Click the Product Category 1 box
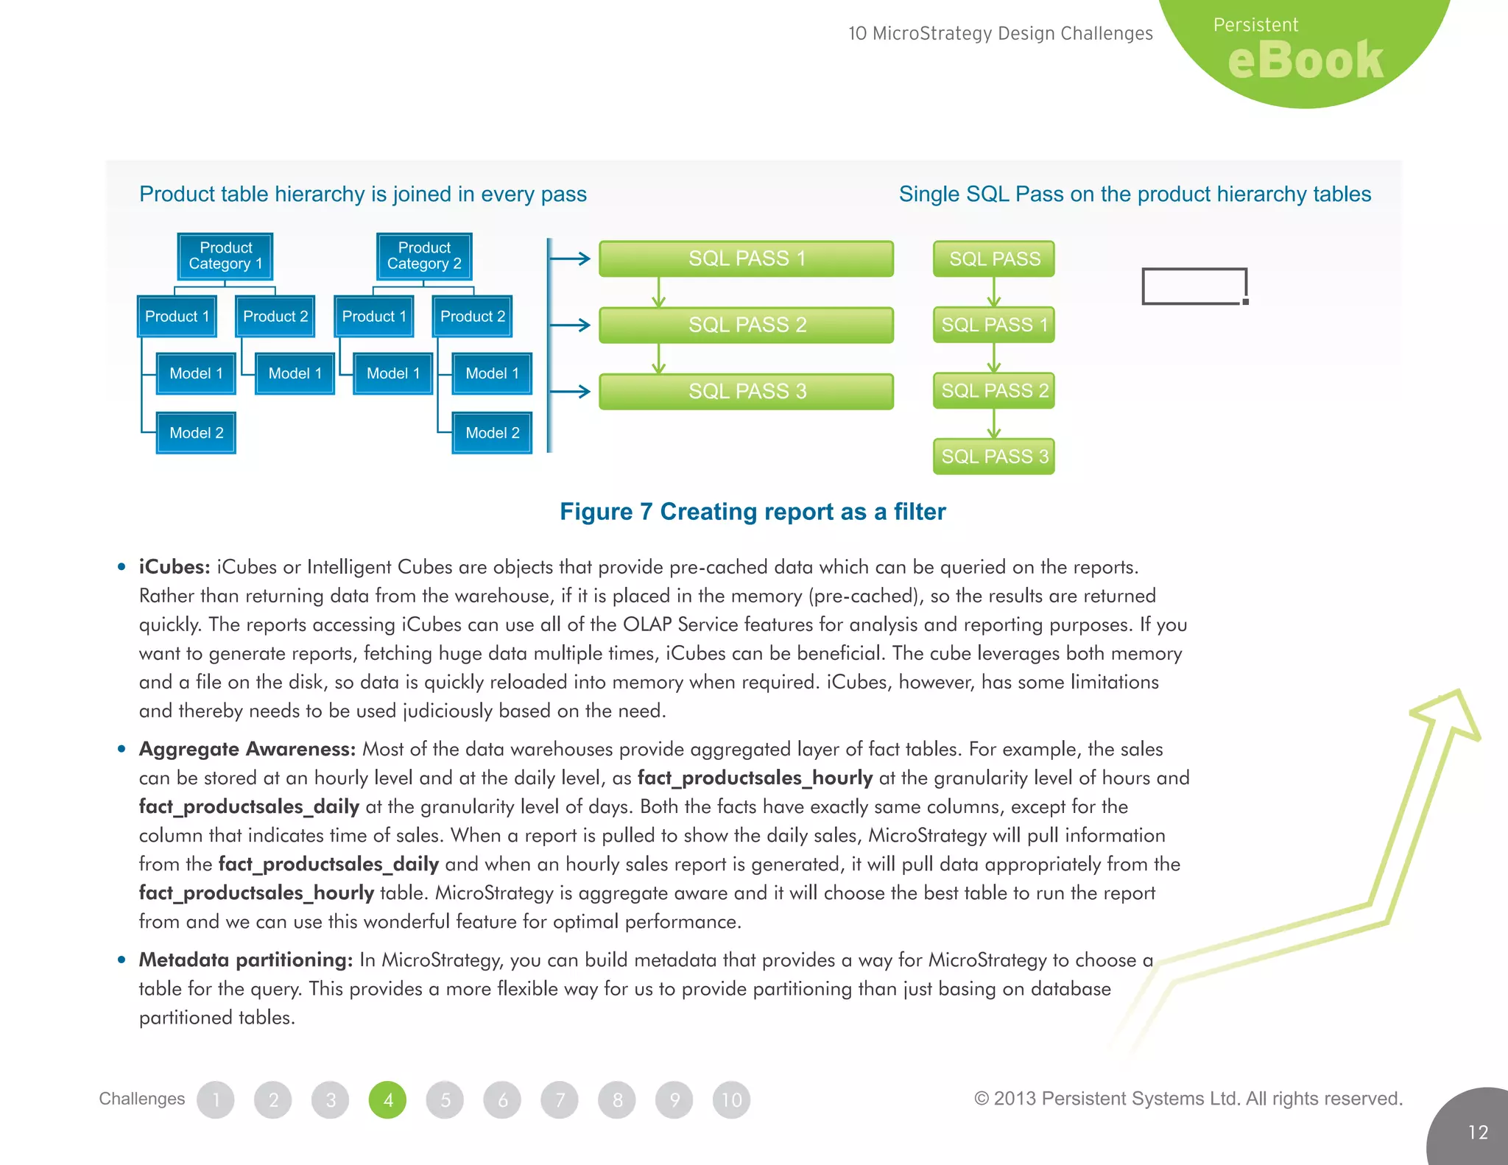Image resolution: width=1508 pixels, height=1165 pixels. tap(225, 256)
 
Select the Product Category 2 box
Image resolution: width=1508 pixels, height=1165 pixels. tap(424, 256)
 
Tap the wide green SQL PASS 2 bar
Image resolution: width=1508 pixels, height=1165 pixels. tap(746, 325)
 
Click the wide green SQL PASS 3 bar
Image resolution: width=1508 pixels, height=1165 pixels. tap(746, 391)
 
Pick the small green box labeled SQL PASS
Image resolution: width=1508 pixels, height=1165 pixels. tap(993, 259)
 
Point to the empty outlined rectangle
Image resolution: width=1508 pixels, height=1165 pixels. tap(1194, 286)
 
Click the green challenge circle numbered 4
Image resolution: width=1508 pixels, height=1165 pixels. tap(387, 1099)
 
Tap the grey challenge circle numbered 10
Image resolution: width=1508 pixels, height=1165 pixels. tap(731, 1099)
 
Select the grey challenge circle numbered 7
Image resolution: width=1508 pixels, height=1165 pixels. tap(560, 1099)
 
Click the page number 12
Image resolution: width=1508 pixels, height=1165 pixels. tap(1478, 1132)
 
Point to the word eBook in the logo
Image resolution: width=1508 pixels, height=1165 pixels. tap(1306, 60)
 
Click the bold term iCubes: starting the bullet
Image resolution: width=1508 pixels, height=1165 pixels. tap(175, 567)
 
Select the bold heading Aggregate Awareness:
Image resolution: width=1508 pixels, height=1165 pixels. tap(247, 749)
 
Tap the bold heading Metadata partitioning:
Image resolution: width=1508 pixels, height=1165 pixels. tap(246, 960)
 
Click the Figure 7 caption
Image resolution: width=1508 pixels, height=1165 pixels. tap(753, 511)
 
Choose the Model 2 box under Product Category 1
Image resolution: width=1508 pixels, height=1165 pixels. tap(196, 433)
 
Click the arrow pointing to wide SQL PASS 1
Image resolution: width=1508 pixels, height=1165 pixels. tap(571, 258)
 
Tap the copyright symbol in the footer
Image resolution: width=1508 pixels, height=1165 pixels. tap(981, 1099)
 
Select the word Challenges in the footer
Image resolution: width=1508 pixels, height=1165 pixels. tap(142, 1099)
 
